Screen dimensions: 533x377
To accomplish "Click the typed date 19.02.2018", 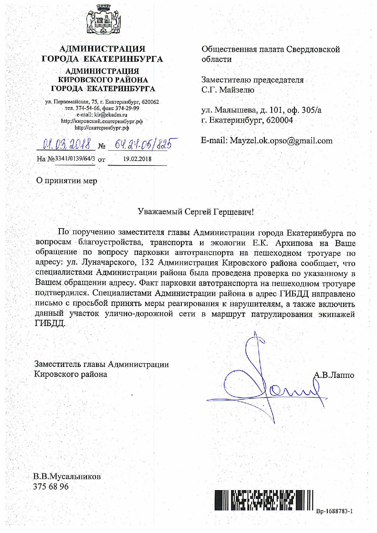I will (x=137, y=159).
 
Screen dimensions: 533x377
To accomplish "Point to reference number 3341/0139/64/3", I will (x=74, y=159).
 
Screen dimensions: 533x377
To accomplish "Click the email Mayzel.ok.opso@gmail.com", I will (x=281, y=141).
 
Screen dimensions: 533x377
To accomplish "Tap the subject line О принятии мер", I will (x=67, y=181).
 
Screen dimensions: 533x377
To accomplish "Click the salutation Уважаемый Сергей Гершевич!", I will (x=195, y=212).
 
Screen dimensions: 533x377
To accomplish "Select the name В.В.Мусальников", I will (x=67, y=476).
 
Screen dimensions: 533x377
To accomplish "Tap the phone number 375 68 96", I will (x=51, y=486).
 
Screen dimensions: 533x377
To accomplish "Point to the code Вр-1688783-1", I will (x=334, y=511).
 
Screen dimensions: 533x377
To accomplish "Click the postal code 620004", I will (x=279, y=120).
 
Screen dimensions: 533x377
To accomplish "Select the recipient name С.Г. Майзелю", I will (x=228, y=90).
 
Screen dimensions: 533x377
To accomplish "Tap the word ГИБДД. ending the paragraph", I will (x=50, y=323).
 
